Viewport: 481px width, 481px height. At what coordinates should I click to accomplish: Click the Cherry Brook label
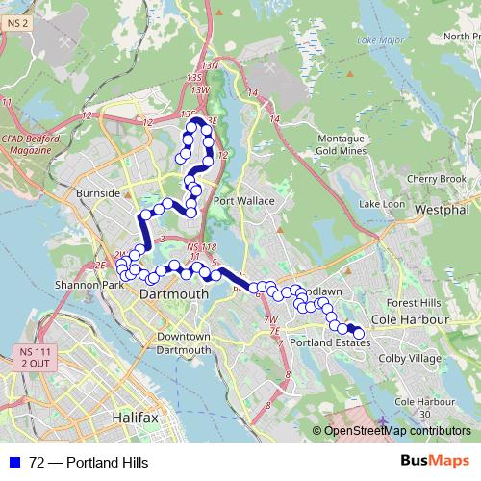point(437,178)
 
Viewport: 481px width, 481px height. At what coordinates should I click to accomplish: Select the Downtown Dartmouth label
point(183,342)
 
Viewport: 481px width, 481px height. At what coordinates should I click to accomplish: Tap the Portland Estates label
point(328,342)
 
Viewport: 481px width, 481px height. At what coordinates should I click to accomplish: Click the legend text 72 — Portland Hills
point(89,463)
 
